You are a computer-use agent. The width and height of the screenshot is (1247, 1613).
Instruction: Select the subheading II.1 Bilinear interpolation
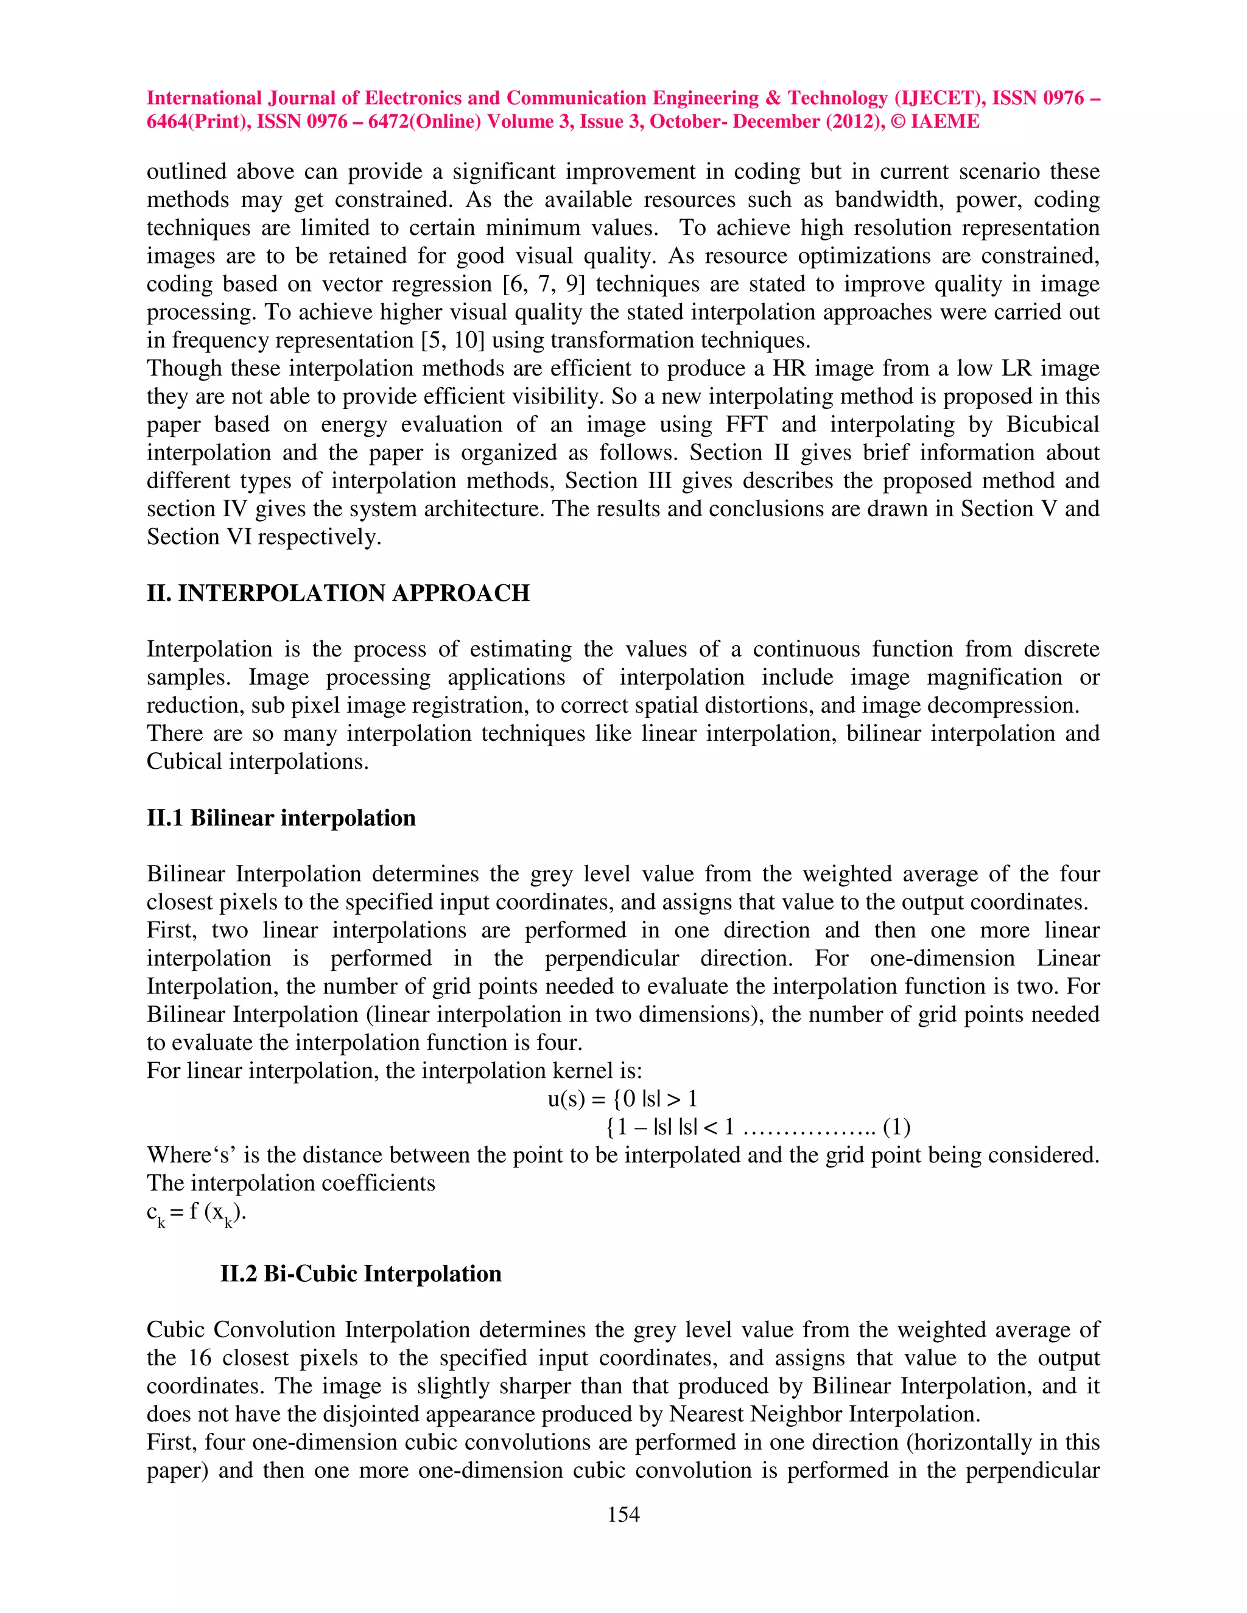pos(281,817)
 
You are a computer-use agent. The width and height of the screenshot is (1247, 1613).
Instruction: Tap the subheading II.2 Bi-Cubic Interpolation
pos(360,1273)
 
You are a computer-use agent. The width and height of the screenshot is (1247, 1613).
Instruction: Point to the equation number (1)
pos(896,1127)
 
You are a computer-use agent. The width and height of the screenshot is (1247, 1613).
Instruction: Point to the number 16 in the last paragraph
pos(198,1357)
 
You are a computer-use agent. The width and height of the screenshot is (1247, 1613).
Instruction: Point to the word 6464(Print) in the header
pos(197,122)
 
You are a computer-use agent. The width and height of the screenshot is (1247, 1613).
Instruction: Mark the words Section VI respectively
pos(264,537)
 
